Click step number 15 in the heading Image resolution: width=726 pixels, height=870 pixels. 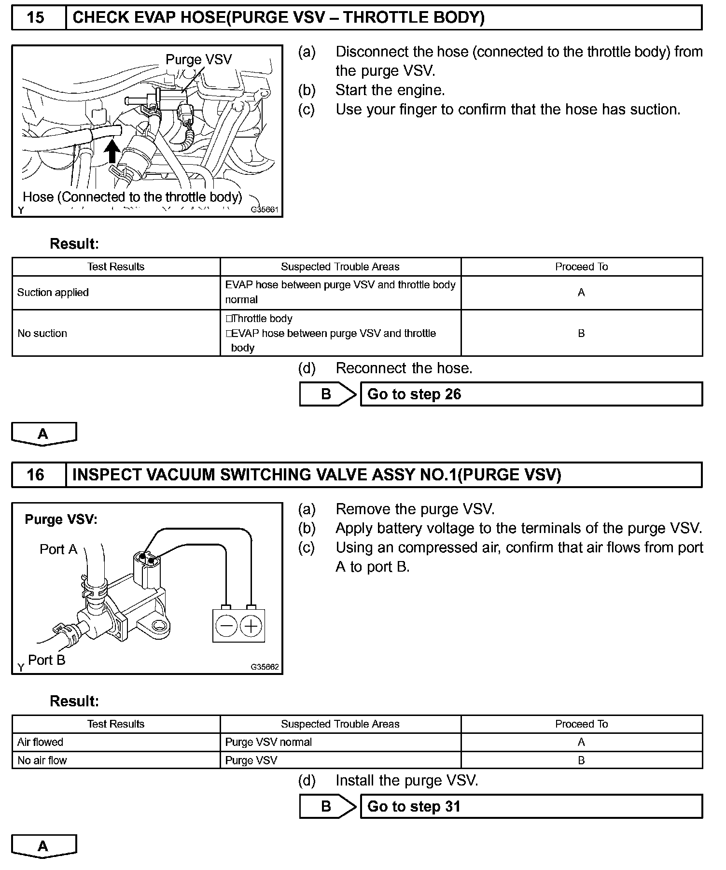[36, 18]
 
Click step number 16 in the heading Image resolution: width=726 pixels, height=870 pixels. [36, 475]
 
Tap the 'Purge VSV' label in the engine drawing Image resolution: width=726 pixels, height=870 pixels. [198, 59]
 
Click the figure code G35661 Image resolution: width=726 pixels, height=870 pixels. [264, 210]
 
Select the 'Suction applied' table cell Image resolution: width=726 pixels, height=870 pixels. [53, 293]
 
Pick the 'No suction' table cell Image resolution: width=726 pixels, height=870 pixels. [42, 334]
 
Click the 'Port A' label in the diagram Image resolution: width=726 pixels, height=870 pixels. [58, 549]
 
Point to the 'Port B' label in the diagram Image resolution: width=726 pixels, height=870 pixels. [46, 660]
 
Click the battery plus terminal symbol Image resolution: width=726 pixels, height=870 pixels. [251, 627]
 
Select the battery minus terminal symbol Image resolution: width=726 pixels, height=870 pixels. [226, 627]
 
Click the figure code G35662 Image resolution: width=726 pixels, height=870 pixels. [264, 667]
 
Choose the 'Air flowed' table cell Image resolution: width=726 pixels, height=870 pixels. [41, 742]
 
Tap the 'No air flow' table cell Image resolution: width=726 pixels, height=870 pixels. [42, 760]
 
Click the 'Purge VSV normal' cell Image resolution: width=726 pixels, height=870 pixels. [269, 742]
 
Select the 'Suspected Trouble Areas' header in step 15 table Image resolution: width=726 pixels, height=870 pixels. [340, 267]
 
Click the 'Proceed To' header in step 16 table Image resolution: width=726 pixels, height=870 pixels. [581, 724]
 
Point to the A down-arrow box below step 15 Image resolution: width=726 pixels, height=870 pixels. [43, 434]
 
